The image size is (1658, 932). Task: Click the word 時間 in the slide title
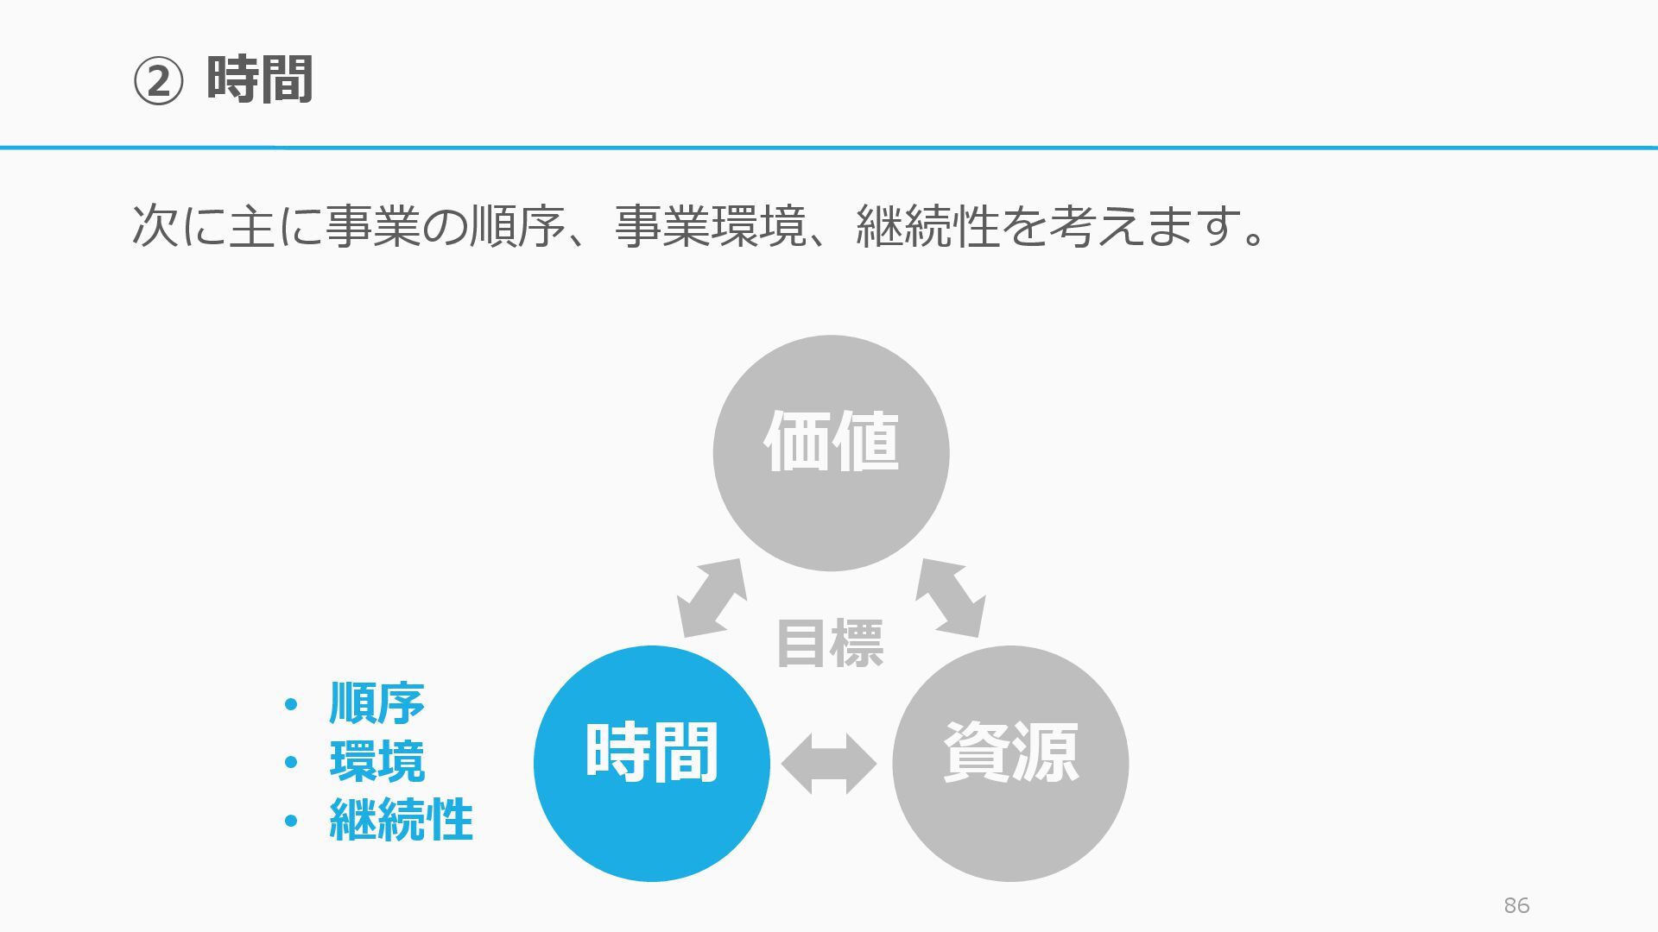pyautogui.click(x=259, y=80)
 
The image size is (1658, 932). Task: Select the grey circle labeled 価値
pyautogui.click(x=831, y=452)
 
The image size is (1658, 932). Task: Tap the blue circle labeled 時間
pyautogui.click(x=652, y=763)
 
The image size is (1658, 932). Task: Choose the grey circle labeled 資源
pyautogui.click(x=1010, y=763)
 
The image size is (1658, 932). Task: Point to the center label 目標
pyautogui.click(x=830, y=644)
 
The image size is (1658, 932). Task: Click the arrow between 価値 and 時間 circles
pyautogui.click(x=712, y=597)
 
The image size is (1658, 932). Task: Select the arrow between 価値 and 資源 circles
pyautogui.click(x=951, y=597)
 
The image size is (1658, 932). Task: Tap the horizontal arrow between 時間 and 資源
pyautogui.click(x=829, y=764)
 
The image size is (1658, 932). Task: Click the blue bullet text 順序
pyautogui.click(x=377, y=703)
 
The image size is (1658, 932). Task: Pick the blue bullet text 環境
pyautogui.click(x=377, y=761)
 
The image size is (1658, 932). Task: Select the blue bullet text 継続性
pyautogui.click(x=401, y=819)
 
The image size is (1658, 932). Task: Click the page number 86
pyautogui.click(x=1516, y=905)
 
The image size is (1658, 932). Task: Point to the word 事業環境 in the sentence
pyautogui.click(x=710, y=226)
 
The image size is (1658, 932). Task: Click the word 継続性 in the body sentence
pyautogui.click(x=927, y=226)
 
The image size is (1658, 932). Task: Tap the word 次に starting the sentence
pyautogui.click(x=180, y=226)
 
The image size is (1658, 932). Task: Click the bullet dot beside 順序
pyautogui.click(x=291, y=705)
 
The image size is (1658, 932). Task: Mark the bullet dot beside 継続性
pyautogui.click(x=291, y=821)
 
